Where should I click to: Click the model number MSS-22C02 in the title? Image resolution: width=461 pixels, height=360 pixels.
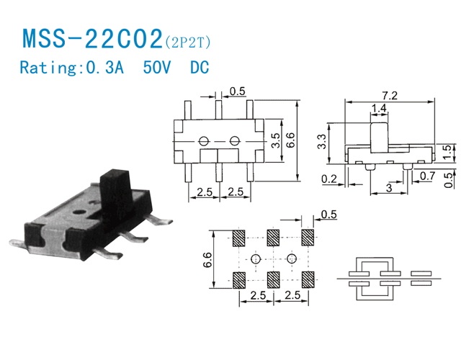point(92,38)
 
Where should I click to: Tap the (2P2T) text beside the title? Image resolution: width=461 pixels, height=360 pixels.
point(188,42)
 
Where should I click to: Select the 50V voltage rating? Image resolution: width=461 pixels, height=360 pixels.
point(157,67)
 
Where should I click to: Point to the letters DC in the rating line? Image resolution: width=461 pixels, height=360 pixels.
point(200,67)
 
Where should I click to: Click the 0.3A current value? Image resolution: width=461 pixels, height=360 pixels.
point(104,67)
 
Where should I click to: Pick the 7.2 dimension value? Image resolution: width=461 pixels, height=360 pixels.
point(390,96)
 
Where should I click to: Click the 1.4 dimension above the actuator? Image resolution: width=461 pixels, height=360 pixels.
point(379,108)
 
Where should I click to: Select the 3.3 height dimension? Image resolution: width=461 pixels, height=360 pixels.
point(322,142)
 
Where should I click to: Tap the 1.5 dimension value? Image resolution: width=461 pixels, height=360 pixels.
point(447,152)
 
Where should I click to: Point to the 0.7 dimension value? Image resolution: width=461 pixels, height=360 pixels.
point(427,176)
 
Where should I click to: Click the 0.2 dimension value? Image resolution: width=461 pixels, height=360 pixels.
point(329,179)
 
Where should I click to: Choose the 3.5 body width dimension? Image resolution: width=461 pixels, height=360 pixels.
point(275,140)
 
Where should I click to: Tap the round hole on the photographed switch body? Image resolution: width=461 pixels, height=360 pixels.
point(79,212)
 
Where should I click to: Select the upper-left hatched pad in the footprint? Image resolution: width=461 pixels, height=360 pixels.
point(238,238)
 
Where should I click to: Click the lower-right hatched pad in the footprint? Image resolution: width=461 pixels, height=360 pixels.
point(308,280)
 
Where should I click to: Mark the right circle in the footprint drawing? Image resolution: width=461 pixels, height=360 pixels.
point(291,258)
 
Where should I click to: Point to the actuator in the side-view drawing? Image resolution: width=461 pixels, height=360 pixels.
point(380,138)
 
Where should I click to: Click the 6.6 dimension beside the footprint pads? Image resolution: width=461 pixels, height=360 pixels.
point(207,260)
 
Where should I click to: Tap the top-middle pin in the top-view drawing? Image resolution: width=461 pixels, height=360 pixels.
point(218,109)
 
